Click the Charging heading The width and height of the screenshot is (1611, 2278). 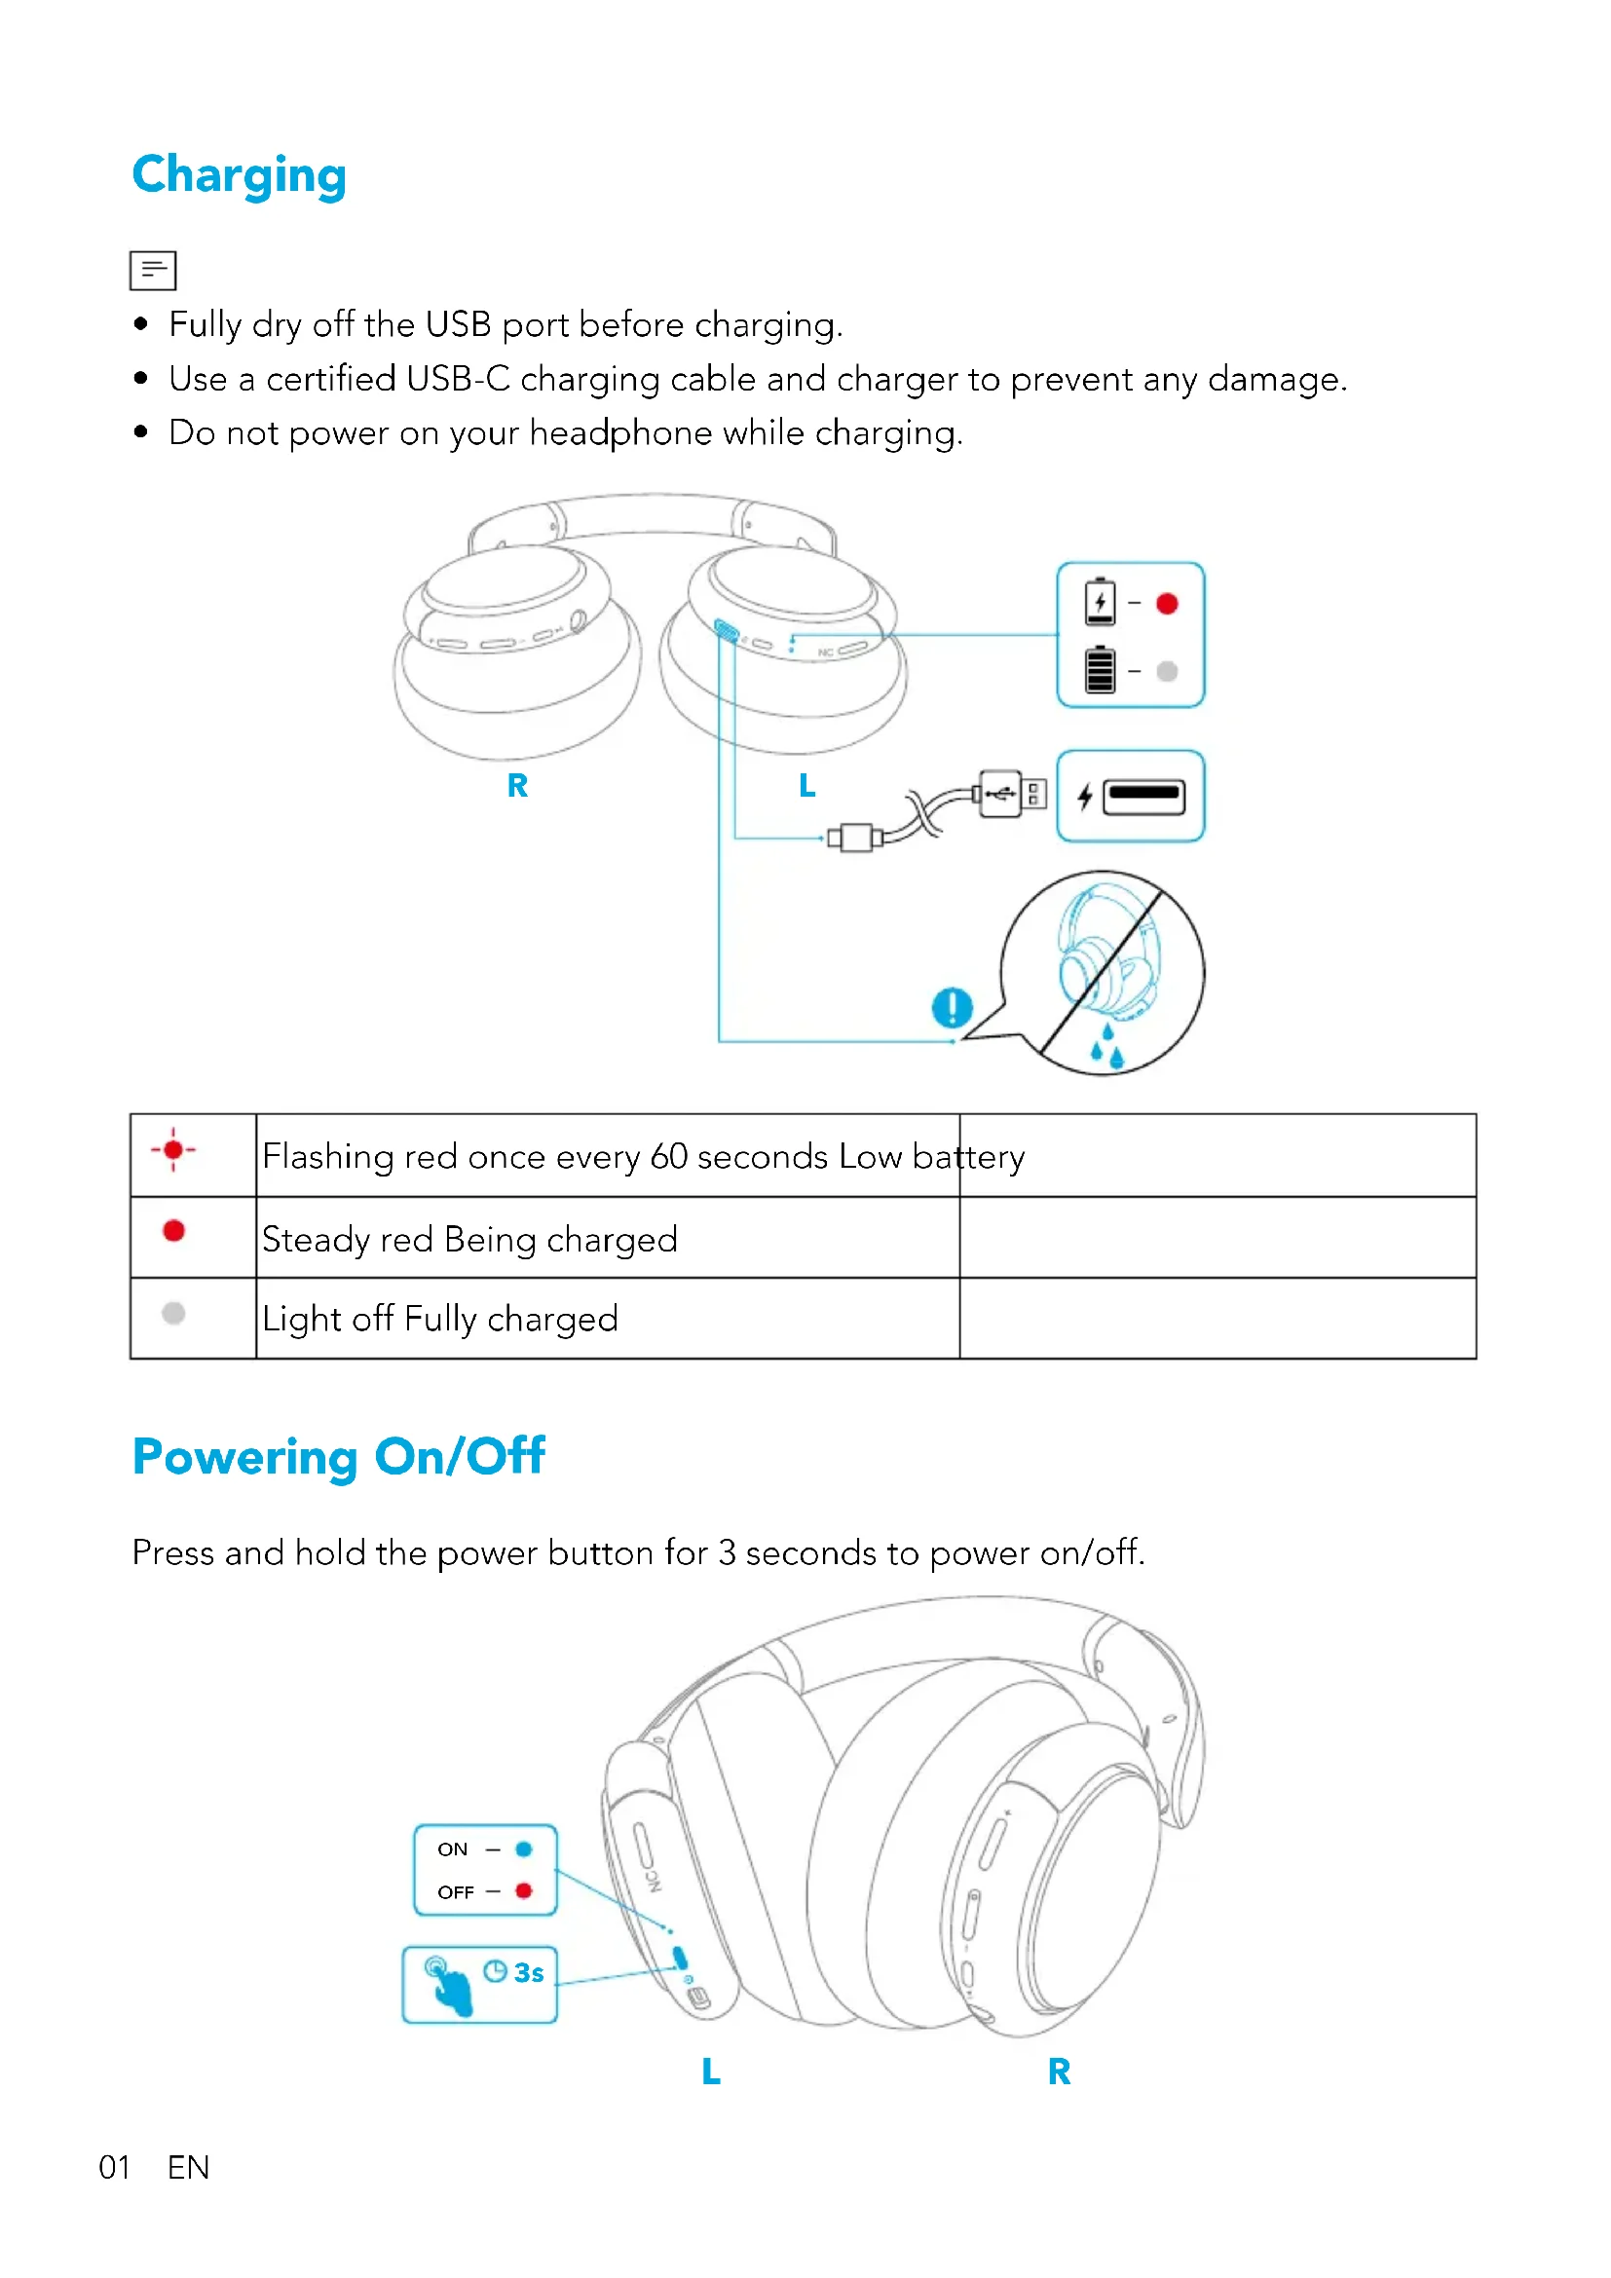[x=239, y=175]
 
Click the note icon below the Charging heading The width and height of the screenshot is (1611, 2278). [x=153, y=270]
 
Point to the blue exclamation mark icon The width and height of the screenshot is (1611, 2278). [x=952, y=1007]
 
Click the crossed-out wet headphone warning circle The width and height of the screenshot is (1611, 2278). [x=1103, y=972]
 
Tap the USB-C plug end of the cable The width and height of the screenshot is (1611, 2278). [x=854, y=837]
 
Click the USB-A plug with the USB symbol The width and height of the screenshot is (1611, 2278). [x=1002, y=793]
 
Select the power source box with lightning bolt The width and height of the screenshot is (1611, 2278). [x=1130, y=796]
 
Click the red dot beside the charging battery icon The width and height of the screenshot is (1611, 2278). [x=1167, y=603]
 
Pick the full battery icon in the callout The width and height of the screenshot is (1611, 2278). [x=1099, y=670]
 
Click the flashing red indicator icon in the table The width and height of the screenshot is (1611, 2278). [x=173, y=1150]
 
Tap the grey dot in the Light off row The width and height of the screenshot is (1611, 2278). [x=173, y=1313]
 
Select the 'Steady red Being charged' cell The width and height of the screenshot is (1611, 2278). [x=469, y=1239]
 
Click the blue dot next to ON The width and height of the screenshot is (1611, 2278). [x=524, y=1849]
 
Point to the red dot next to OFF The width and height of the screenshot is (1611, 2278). [x=524, y=1890]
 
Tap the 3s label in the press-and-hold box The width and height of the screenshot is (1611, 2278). [x=529, y=1972]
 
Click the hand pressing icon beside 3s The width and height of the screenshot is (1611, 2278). [x=448, y=1984]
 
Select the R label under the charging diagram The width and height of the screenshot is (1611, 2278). [x=517, y=786]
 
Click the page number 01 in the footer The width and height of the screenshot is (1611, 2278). [x=115, y=2168]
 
